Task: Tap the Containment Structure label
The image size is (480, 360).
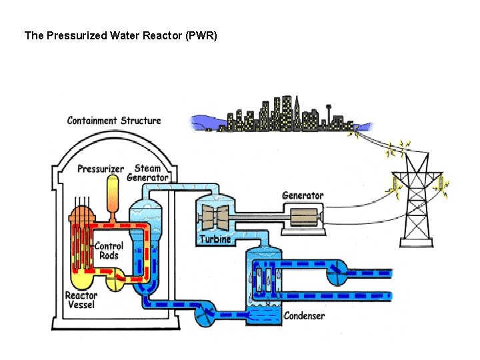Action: [114, 121]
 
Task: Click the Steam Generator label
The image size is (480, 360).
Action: [147, 173]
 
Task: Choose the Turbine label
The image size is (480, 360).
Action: [215, 239]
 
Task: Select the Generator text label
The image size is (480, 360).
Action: [303, 195]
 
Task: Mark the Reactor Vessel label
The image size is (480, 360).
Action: [80, 300]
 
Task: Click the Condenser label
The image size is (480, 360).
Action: [304, 315]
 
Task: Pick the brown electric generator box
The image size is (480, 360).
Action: [303, 217]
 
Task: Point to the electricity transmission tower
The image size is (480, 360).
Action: [417, 200]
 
